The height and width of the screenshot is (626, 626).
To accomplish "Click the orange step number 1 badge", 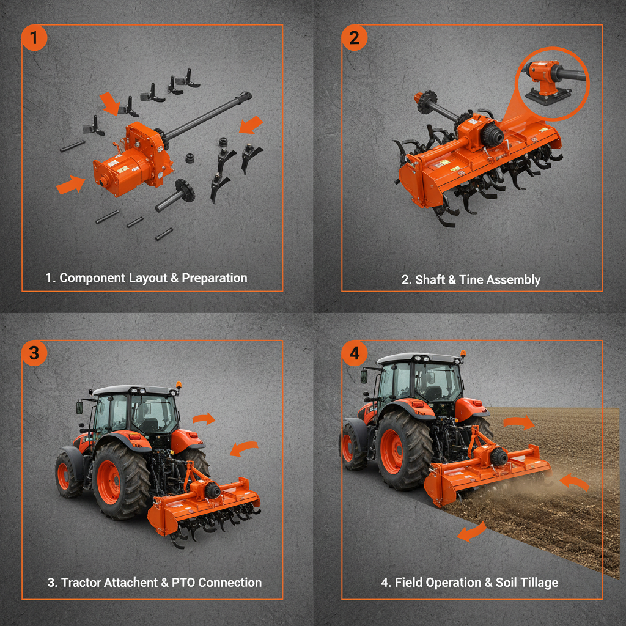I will click(x=34, y=39).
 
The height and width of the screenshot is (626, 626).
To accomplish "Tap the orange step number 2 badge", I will click(x=355, y=39).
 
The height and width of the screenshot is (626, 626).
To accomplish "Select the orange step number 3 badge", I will click(x=34, y=353).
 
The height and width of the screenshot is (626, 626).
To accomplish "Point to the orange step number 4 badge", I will click(x=355, y=353).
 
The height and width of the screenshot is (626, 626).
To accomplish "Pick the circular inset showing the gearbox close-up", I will click(x=552, y=81).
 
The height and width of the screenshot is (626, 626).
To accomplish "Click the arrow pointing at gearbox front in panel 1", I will click(x=71, y=184).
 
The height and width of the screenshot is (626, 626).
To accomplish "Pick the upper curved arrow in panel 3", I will click(x=204, y=419).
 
